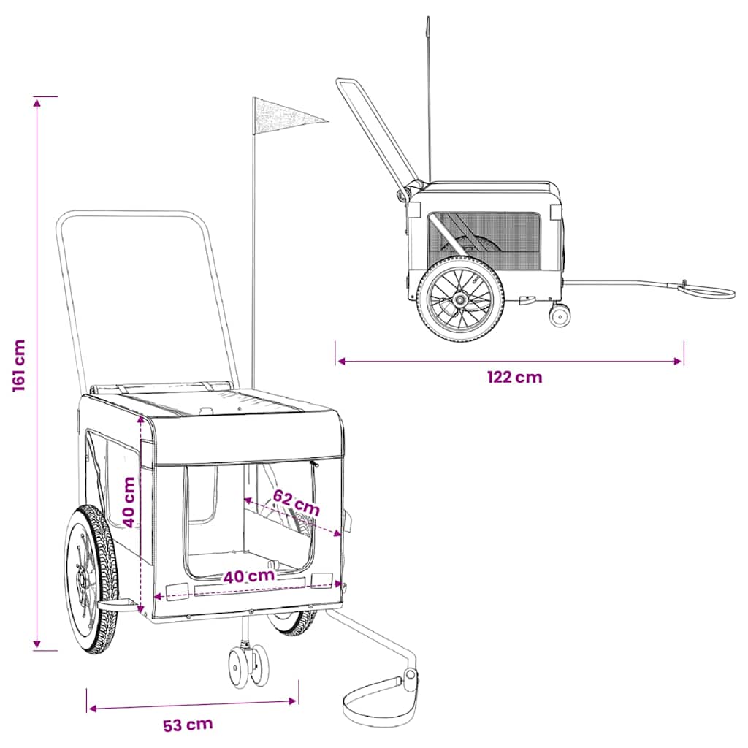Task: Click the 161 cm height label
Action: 18,365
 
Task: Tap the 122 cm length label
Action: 515,378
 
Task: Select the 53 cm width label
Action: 188,725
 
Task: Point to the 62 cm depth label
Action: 297,503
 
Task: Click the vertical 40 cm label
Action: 129,502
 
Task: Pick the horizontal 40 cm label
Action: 249,576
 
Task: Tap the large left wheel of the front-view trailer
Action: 91,579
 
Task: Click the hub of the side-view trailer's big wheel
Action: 460,300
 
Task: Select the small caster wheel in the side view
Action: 560,315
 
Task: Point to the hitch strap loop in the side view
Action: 707,289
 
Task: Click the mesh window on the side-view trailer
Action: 484,241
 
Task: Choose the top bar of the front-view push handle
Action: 131,214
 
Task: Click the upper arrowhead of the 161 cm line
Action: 37,102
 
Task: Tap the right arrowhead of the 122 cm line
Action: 677,361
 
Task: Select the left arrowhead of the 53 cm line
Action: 93,709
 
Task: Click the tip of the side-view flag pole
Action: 428,18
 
